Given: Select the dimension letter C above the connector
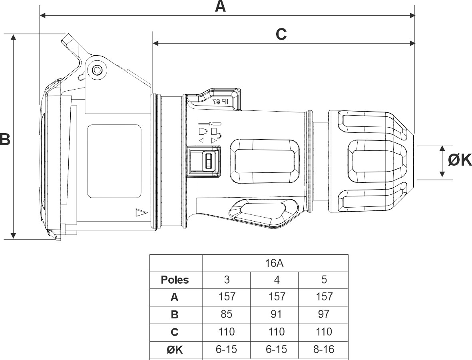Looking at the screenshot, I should (281, 34).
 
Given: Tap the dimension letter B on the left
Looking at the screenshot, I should (4, 140).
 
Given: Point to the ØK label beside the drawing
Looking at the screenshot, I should (460, 160).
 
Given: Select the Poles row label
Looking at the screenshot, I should (175, 280).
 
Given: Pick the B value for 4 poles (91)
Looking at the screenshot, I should (276, 314).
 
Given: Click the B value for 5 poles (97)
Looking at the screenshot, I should (324, 314).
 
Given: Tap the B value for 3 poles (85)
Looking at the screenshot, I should (226, 314).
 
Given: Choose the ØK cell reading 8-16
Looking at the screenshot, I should (324, 349).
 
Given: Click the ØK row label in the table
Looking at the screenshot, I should (175, 350).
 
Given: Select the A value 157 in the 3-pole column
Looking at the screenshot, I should (226, 297).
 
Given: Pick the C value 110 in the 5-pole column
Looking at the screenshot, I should (324, 332).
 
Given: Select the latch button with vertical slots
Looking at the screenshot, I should (209, 162).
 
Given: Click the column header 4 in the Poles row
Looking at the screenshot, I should (276, 280).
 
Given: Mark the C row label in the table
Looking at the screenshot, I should (175, 332).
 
